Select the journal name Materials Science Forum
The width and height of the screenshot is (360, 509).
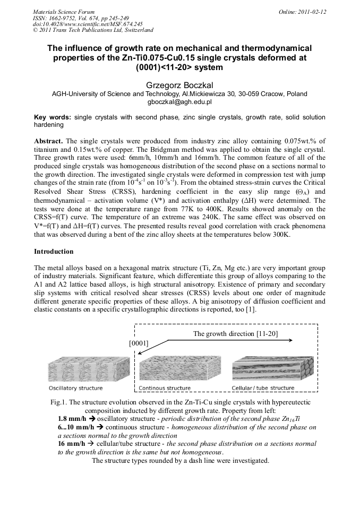click(64, 11)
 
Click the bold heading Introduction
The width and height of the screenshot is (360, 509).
click(54, 251)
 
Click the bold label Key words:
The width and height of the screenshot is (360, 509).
click(52, 117)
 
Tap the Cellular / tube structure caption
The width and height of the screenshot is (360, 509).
click(263, 388)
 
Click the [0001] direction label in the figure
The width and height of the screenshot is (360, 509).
click(139, 343)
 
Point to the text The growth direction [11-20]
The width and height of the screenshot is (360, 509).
click(235, 334)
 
